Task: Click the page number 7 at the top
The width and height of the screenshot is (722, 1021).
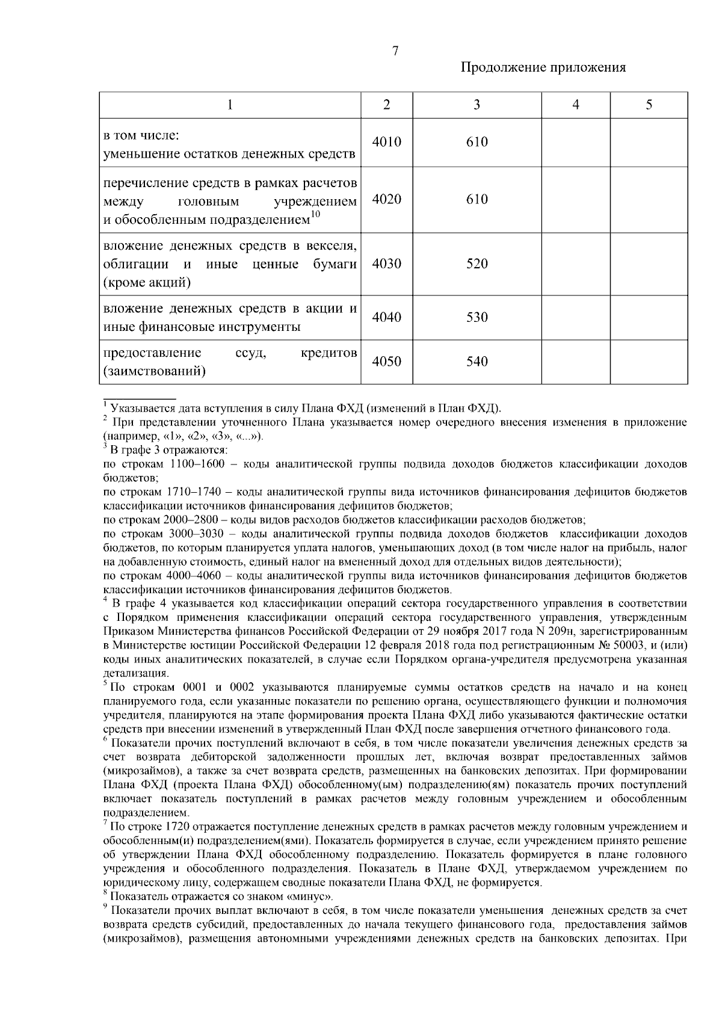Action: pyautogui.click(x=395, y=52)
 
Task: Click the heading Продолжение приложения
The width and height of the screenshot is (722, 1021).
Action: pyautogui.click(x=543, y=67)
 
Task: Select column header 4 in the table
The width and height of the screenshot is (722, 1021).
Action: pyautogui.click(x=576, y=105)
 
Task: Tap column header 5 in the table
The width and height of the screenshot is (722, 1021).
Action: pyautogui.click(x=649, y=105)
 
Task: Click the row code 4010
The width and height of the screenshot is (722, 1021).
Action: pyautogui.click(x=386, y=143)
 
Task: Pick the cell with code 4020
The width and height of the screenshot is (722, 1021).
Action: pyautogui.click(x=386, y=200)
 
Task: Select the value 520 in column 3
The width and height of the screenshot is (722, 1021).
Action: pyautogui.click(x=477, y=264)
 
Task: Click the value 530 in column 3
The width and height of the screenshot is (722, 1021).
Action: pyautogui.click(x=477, y=318)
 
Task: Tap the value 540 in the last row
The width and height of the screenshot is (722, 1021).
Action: pyautogui.click(x=477, y=362)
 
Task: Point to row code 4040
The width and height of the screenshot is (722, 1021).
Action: pyautogui.click(x=386, y=318)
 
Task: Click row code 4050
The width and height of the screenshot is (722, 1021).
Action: pyautogui.click(x=386, y=362)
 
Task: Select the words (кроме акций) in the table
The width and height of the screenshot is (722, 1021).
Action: pyautogui.click(x=147, y=283)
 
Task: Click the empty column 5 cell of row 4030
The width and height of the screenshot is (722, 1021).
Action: pyautogui.click(x=649, y=264)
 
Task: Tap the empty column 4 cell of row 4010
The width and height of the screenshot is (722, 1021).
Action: pyautogui.click(x=576, y=143)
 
